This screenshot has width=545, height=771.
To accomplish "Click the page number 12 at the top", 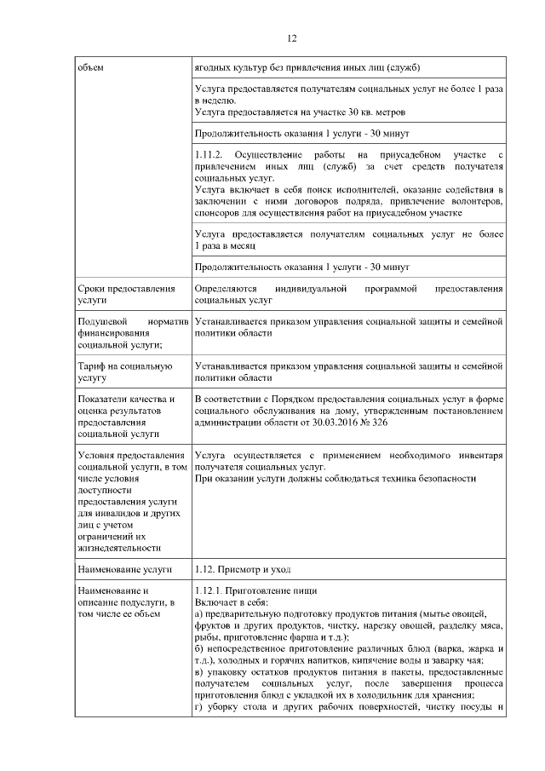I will tap(291, 38).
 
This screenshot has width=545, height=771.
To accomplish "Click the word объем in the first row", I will tap(90, 67).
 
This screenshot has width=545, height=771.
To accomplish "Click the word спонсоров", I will tap(221, 212).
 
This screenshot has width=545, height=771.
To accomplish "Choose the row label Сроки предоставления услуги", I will tap(126, 295).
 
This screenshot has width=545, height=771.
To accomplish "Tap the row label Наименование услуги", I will tap(124, 568).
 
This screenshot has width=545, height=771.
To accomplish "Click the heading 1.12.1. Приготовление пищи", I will tap(256, 591).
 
